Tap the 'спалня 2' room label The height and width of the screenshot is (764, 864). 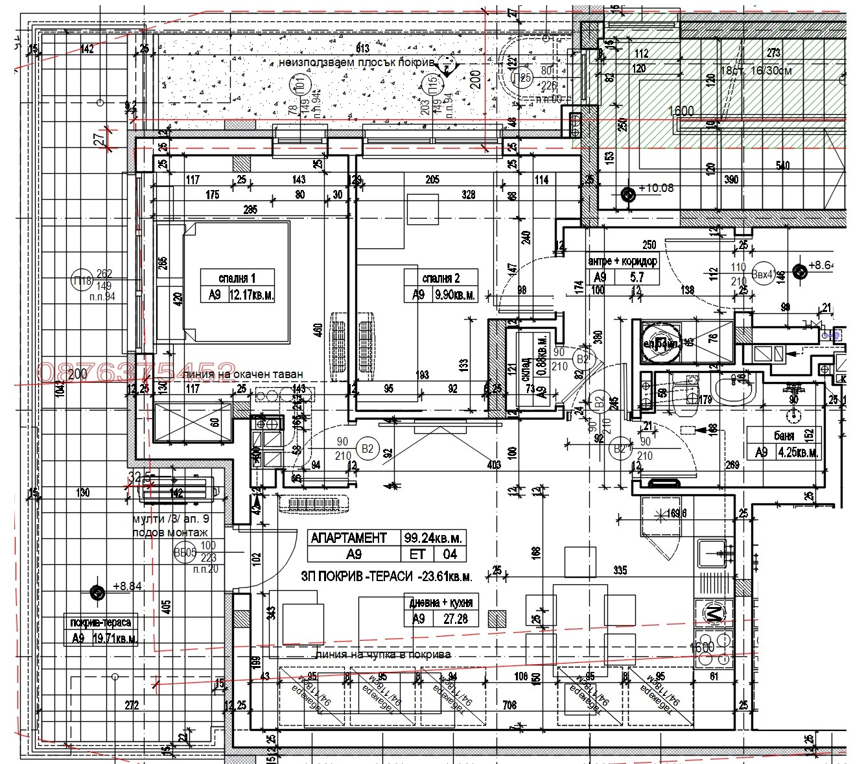click(x=441, y=278)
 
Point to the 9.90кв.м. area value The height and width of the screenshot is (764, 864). click(x=452, y=294)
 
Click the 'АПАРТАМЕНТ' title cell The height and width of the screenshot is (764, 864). click(x=349, y=538)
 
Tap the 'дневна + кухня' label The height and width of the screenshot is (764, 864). click(x=441, y=601)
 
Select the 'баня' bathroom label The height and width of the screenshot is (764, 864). click(x=784, y=436)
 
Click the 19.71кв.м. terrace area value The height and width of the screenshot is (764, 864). click(x=114, y=638)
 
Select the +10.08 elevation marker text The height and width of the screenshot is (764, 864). click(x=656, y=188)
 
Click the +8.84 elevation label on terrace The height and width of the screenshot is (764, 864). click(x=126, y=586)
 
